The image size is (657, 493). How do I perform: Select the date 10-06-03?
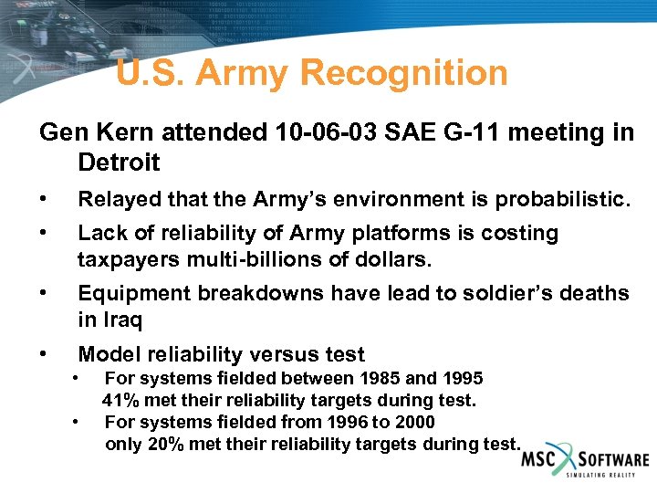[x=316, y=133]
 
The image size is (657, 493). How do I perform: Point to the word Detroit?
[x=119, y=163]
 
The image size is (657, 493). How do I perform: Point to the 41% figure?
[x=120, y=400]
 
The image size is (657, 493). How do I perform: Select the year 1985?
[x=378, y=378]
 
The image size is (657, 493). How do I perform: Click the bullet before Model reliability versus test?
[x=44, y=354]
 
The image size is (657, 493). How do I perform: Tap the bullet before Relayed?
[x=44, y=199]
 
